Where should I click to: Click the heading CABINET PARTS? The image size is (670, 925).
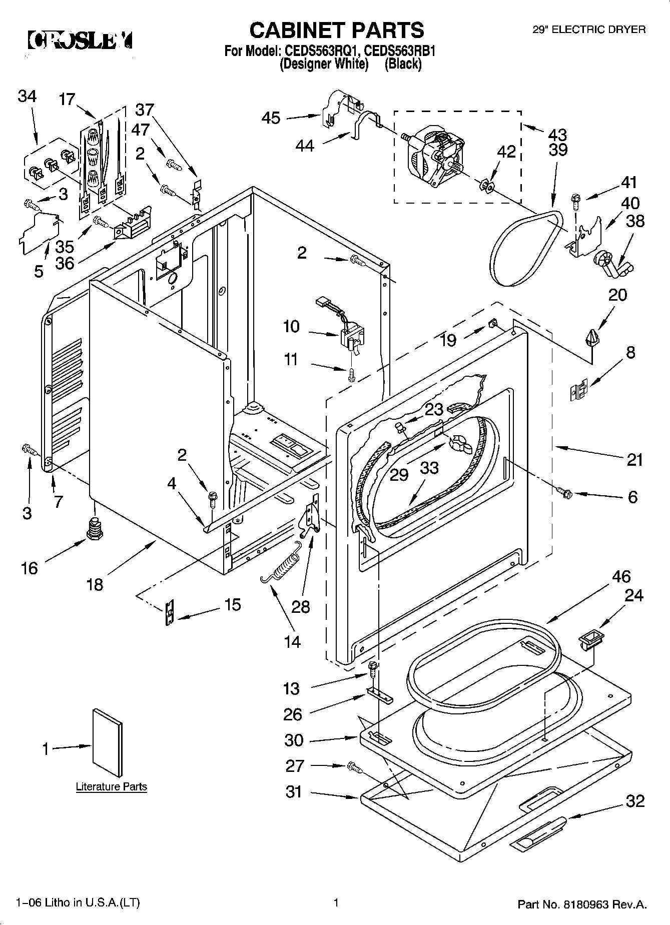pyautogui.click(x=336, y=30)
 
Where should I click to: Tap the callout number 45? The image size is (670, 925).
pyautogui.click(x=271, y=119)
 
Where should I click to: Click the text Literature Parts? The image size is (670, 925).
pyautogui.click(x=111, y=786)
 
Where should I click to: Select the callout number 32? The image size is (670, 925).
pyautogui.click(x=635, y=801)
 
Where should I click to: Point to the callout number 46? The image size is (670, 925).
pyautogui.click(x=621, y=577)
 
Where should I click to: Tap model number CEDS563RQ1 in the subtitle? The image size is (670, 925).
pyautogui.click(x=321, y=51)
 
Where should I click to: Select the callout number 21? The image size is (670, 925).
pyautogui.click(x=634, y=459)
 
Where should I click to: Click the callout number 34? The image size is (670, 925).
pyautogui.click(x=27, y=96)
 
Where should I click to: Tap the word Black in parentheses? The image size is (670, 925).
pyautogui.click(x=403, y=64)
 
